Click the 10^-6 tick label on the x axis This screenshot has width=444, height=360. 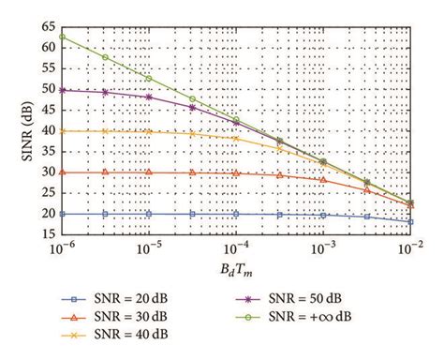click(x=62, y=249)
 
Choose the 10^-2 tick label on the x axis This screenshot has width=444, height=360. click(x=410, y=249)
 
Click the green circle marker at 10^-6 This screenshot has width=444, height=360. click(x=62, y=37)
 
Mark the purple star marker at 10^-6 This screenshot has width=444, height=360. click(x=62, y=90)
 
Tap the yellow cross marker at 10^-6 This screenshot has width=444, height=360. click(x=62, y=131)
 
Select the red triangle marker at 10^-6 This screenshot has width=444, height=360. click(x=62, y=172)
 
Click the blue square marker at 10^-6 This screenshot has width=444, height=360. click(x=62, y=214)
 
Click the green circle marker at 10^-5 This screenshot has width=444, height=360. click(x=149, y=78)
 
